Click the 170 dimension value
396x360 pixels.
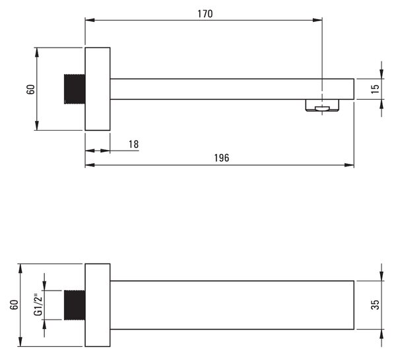pyautogui.click(x=205, y=14)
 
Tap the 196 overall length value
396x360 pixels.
pyautogui.click(x=222, y=158)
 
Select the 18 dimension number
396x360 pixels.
pyautogui.click(x=133, y=145)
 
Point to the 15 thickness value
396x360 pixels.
pyautogui.click(x=376, y=89)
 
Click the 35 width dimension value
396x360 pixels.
pyautogui.click(x=376, y=305)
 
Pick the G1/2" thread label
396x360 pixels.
pyautogui.click(x=38, y=305)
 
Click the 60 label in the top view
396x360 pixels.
pyautogui.click(x=30, y=89)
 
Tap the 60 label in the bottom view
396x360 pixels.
pyautogui.click(x=15, y=305)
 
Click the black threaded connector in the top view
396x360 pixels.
pyautogui.click(x=75, y=89)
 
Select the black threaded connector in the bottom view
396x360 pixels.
pyautogui.click(x=75, y=305)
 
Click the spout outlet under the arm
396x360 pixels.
pyautogui.click(x=322, y=105)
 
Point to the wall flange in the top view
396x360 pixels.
pyautogui.click(x=98, y=89)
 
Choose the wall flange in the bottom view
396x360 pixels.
pyautogui.click(x=98, y=305)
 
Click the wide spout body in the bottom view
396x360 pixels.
pyautogui.click(x=232, y=305)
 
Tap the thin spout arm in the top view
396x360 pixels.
pyautogui.click(x=232, y=89)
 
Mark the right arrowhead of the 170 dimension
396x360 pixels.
pyautogui.click(x=317, y=20)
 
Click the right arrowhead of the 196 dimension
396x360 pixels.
pyautogui.click(x=349, y=165)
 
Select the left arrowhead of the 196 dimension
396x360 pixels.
pyautogui.click(x=90, y=165)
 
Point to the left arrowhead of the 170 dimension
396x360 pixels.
pyautogui.click(x=90, y=20)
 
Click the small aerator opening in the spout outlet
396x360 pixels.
pyautogui.click(x=322, y=109)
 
